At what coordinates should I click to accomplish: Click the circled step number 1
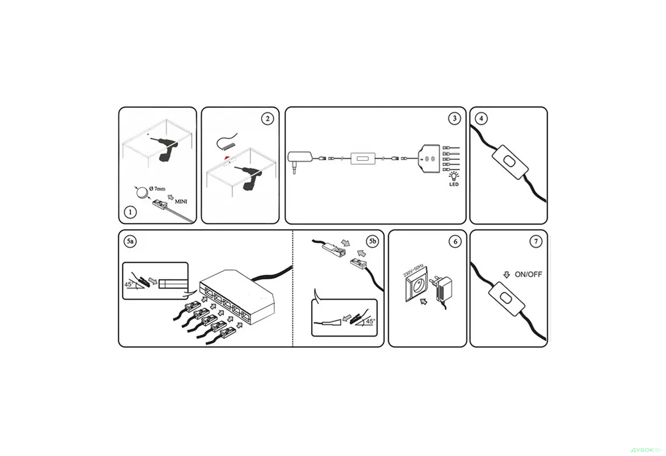(130, 212)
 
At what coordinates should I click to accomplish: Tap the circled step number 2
(267, 119)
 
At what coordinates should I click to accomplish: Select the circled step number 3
(454, 118)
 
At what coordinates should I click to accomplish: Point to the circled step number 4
(481, 119)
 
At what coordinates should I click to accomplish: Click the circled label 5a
(130, 241)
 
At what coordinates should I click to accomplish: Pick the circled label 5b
(373, 241)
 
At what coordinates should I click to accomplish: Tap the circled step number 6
(455, 242)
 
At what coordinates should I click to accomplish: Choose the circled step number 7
(536, 242)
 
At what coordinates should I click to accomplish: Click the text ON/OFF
(528, 275)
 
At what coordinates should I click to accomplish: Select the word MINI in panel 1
(181, 201)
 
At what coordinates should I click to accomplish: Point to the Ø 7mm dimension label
(157, 188)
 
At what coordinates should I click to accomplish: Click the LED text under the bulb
(454, 184)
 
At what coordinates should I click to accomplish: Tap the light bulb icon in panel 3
(454, 176)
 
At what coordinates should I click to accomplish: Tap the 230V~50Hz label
(413, 270)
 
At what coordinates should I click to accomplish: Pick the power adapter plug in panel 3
(300, 161)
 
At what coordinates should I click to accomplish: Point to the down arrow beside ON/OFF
(506, 275)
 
